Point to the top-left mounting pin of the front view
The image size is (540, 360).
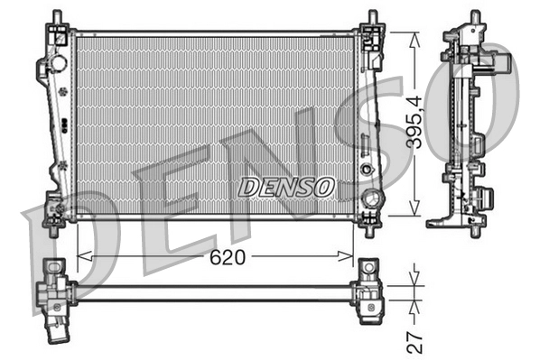(56, 18)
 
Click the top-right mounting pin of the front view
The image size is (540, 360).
(371, 18)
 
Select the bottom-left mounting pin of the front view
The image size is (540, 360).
(56, 227)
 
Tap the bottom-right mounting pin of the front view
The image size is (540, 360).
(371, 229)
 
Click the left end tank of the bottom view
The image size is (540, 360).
(55, 291)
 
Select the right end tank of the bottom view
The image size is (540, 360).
(369, 291)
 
